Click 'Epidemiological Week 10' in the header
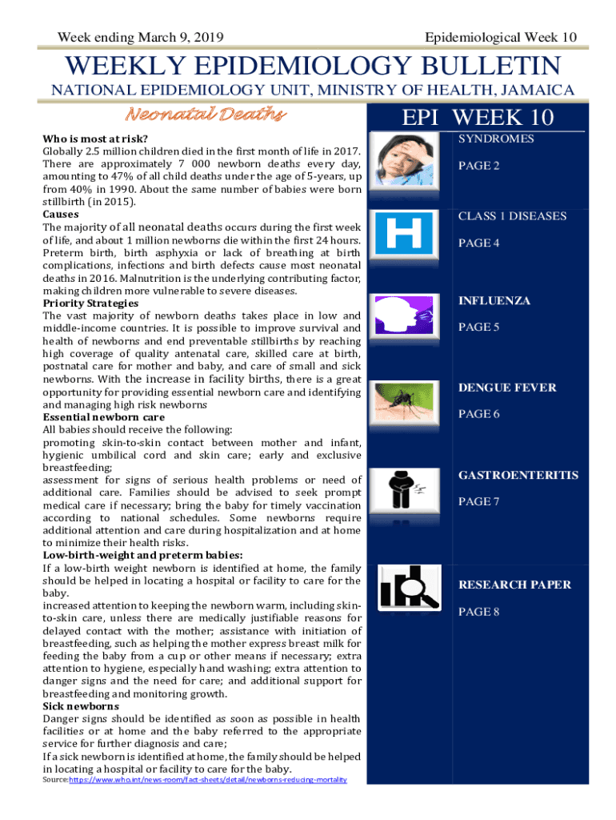pyautogui.click(x=501, y=37)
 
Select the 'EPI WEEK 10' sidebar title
pyautogui.click(x=478, y=118)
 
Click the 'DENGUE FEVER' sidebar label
pyautogui.click(x=507, y=388)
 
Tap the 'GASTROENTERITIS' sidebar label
pyautogui.click(x=518, y=475)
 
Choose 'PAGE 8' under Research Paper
pyautogui.click(x=478, y=612)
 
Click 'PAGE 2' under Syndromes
pyautogui.click(x=478, y=166)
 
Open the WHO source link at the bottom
pyautogui.click(x=208, y=780)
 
